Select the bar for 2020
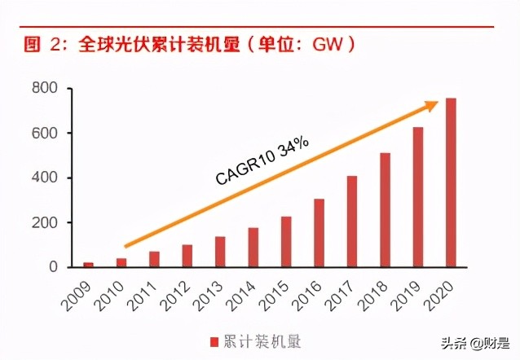[451, 182]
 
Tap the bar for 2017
[352, 222]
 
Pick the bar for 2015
[286, 242]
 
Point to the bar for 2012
[187, 256]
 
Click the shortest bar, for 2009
[89, 265]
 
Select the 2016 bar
[319, 233]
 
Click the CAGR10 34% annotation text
[262, 161]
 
